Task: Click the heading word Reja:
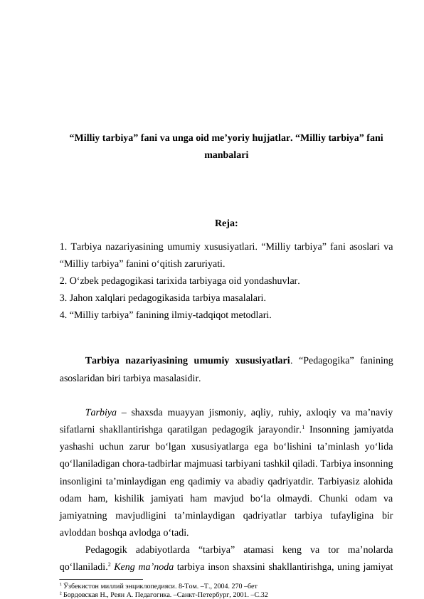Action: pyautogui.click(x=226, y=226)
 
